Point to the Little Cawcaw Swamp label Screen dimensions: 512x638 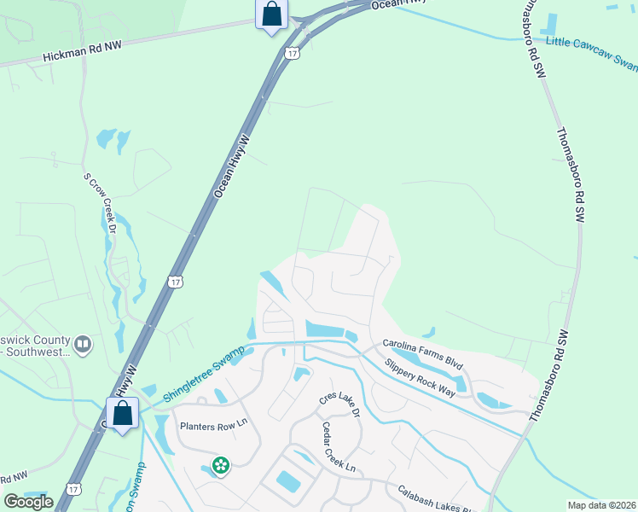591,52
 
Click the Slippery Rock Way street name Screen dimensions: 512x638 420,374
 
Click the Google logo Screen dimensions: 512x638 28,502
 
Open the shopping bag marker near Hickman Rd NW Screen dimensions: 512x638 271,15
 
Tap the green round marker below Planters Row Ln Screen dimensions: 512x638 221,465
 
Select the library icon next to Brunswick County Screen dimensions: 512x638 83,344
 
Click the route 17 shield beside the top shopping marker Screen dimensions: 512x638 293,53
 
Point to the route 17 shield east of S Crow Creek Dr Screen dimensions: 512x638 176,281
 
